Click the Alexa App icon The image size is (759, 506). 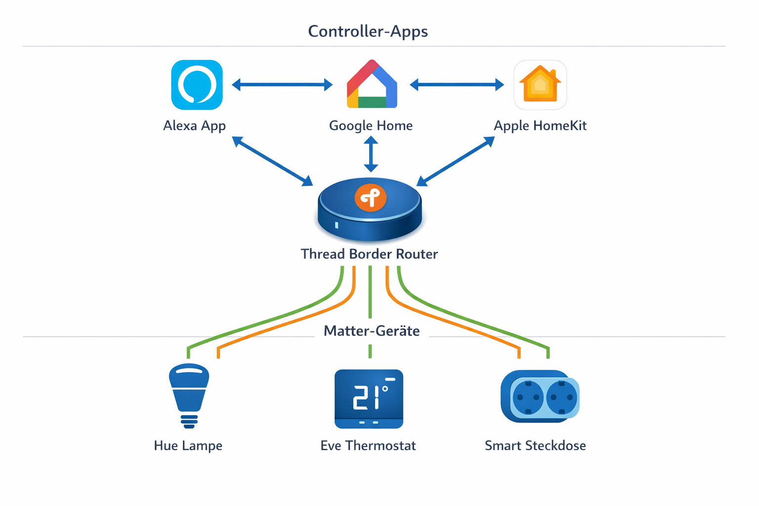(x=197, y=85)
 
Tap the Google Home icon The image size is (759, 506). (x=372, y=85)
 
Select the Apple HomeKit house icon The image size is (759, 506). (x=540, y=85)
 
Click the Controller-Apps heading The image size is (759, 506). (x=368, y=31)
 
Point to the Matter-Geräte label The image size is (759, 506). (x=372, y=331)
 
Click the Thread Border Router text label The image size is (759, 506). (x=369, y=254)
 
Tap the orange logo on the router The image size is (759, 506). (x=371, y=198)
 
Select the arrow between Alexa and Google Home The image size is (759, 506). (x=282, y=85)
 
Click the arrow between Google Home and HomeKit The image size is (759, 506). (x=457, y=85)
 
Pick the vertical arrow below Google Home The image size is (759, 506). (x=371, y=154)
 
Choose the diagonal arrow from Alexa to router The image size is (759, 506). (x=272, y=161)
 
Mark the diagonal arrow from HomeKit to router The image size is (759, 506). (x=456, y=161)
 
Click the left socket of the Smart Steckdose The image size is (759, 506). (x=528, y=397)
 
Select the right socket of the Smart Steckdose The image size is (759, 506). (x=562, y=397)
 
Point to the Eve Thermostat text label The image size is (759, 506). (x=368, y=446)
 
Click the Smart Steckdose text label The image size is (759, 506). (x=535, y=446)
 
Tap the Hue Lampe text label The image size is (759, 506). (x=188, y=446)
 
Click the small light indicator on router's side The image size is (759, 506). (x=337, y=225)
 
